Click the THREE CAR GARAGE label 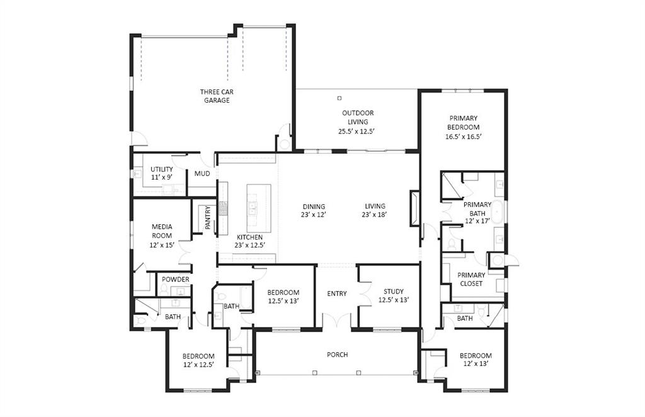point(217,96)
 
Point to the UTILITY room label point(161,173)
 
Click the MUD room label point(202,174)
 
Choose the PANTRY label point(208,217)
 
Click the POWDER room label point(175,280)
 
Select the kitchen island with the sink point(259,201)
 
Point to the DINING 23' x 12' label point(313,210)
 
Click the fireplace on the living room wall point(414,208)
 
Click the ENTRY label point(337,294)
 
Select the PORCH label point(337,355)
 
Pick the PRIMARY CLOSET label point(471,279)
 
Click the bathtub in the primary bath point(497,213)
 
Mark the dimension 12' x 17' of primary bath point(476,221)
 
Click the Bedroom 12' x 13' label point(475,359)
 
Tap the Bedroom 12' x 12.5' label point(198,360)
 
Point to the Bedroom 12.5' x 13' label point(283,297)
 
